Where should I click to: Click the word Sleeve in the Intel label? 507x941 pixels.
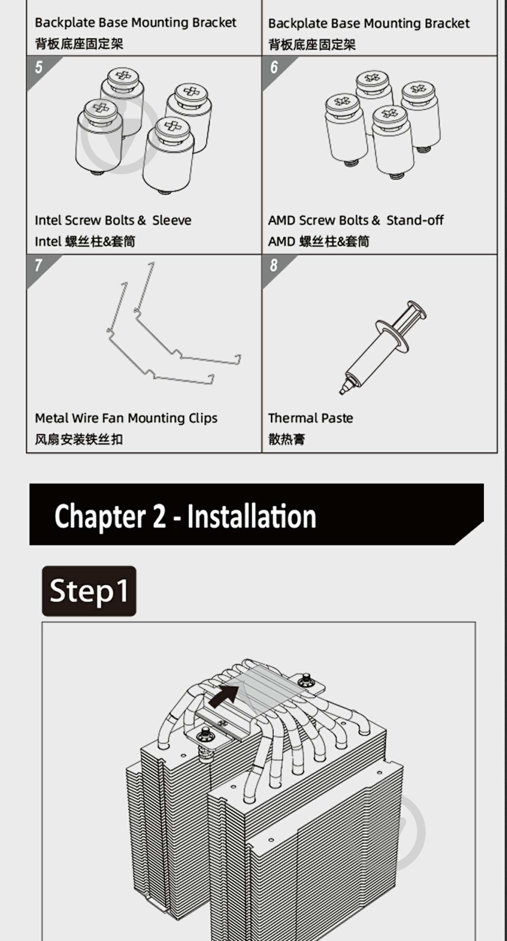(172, 220)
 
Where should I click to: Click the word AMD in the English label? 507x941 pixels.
(282, 220)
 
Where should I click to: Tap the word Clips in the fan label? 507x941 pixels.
(203, 418)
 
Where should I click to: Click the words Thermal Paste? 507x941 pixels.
(311, 418)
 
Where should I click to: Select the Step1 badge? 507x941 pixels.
(89, 591)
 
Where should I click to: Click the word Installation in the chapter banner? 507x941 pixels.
(252, 516)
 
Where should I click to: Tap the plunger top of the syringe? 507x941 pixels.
(416, 310)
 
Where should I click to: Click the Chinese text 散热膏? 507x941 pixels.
(286, 439)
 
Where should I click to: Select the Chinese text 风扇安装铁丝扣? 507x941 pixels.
(79, 439)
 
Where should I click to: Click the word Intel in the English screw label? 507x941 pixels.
(48, 220)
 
